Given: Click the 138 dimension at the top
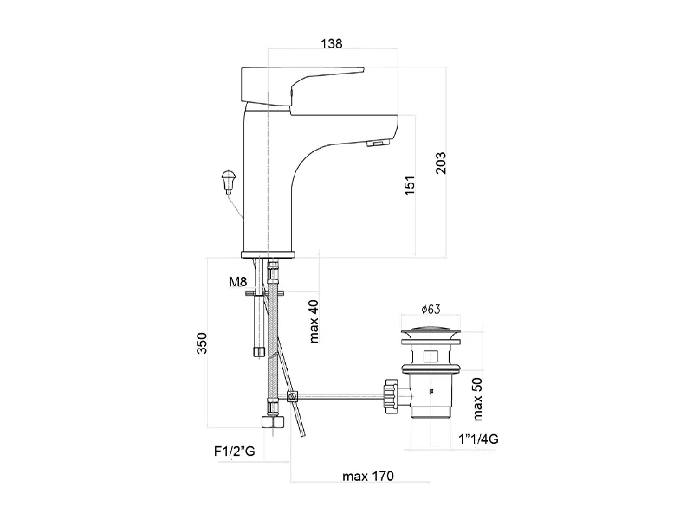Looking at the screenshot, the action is click(332, 44).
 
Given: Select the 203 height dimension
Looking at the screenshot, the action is click(441, 163).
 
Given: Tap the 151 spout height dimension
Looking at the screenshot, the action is click(410, 185).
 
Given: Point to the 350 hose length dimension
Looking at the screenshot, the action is click(202, 343).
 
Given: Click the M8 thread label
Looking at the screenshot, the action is click(237, 282).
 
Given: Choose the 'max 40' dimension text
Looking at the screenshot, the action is click(314, 321).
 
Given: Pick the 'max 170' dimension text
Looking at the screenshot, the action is click(368, 477).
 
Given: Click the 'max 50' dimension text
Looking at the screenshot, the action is click(478, 399).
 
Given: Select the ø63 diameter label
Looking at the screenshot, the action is click(431, 309).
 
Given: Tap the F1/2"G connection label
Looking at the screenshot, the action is click(234, 452).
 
